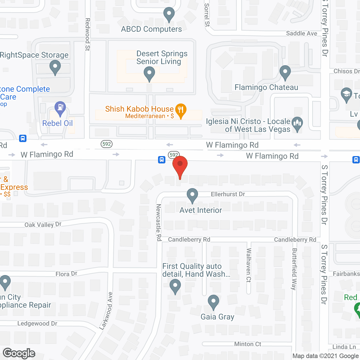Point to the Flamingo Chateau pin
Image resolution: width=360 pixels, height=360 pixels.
285,73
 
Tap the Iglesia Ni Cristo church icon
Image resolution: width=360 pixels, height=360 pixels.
297,124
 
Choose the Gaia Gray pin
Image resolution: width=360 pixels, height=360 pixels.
213,302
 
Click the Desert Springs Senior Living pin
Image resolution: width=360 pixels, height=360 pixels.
149,74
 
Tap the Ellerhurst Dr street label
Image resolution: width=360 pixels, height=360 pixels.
228,194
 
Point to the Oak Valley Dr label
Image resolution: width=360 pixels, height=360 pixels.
43,224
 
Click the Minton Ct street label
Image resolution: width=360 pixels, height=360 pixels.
247,344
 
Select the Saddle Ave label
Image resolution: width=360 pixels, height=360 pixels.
301,33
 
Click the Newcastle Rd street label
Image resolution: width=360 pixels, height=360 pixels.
159,222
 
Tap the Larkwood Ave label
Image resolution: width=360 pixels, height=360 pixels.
106,310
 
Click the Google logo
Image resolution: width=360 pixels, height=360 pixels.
19,353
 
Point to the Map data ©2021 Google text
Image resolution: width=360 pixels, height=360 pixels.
326,356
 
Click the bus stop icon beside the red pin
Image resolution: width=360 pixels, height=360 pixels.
162,160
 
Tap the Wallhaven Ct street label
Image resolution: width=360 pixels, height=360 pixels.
249,265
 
